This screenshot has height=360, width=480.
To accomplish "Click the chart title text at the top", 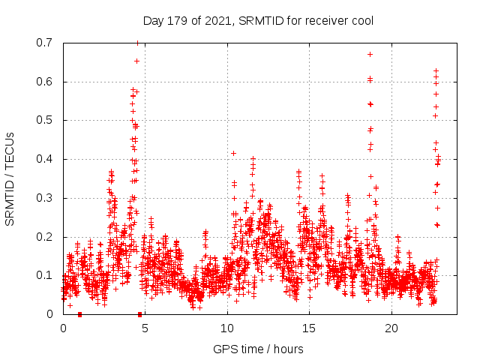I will pyautogui.click(x=258, y=21).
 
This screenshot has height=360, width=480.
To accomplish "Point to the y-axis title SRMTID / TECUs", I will pyautogui.click(x=10, y=178).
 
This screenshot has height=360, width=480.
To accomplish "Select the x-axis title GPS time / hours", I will pyautogui.click(x=258, y=349).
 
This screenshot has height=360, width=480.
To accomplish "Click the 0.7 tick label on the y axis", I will pyautogui.click(x=46, y=43).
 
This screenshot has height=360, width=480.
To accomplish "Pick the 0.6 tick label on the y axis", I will pyautogui.click(x=46, y=82).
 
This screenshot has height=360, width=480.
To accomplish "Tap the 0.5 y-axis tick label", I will pyautogui.click(x=46, y=120).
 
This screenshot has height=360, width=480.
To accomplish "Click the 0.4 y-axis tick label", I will pyautogui.click(x=46, y=159).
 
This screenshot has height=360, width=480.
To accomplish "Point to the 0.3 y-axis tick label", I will pyautogui.click(x=46, y=198).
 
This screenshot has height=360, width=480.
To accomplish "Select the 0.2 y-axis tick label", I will pyautogui.click(x=46, y=237).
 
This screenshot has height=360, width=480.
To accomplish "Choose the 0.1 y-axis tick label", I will pyautogui.click(x=46, y=275).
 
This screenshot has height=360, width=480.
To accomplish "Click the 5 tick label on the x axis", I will pyautogui.click(x=145, y=328).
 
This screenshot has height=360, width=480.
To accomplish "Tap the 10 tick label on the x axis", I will pyautogui.click(x=227, y=328).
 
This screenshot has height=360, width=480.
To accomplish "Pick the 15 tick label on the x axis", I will pyautogui.click(x=309, y=328).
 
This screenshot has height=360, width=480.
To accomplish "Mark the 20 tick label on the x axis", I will pyautogui.click(x=391, y=328).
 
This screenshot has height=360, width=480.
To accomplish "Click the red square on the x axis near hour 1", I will pyautogui.click(x=79, y=314).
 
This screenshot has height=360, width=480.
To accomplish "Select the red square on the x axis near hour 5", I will pyautogui.click(x=139, y=314).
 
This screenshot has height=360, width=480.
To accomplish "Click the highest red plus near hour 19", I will pyautogui.click(x=370, y=54).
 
